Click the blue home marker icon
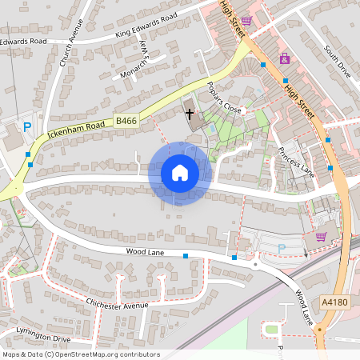click(179, 173)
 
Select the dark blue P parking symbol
click(27, 126)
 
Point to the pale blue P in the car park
click(280, 247)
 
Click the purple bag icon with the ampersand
click(284, 58)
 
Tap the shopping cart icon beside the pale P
click(321, 236)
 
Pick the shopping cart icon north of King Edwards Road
click(247, 21)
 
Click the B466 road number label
click(126, 121)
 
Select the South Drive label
click(337, 61)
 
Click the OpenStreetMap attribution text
click(81, 354)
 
